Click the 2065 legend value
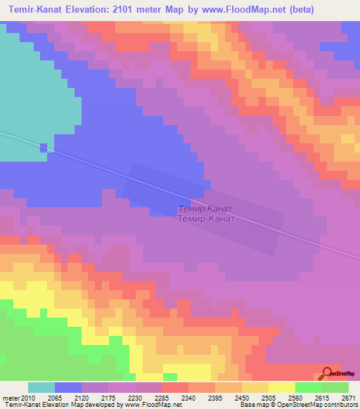(x=55, y=397)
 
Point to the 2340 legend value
(x=188, y=397)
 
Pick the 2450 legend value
(x=242, y=397)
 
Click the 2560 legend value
(x=295, y=397)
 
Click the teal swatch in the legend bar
(x=41, y=387)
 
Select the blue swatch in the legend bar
(x=68, y=387)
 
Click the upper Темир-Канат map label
(x=205, y=209)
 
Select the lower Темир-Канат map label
(x=205, y=219)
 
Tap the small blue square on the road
(x=44, y=148)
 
